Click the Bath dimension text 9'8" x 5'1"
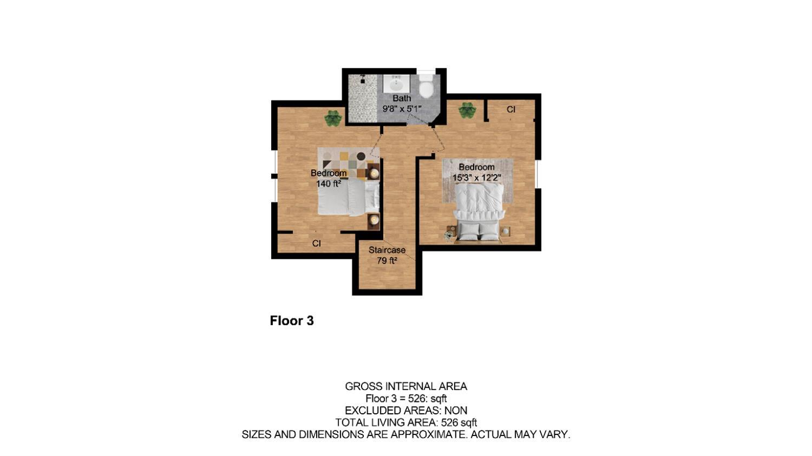[402, 109]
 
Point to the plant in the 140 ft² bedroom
[333, 118]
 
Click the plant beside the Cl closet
[467, 110]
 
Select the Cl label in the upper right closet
[510, 109]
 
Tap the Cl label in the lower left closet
[317, 244]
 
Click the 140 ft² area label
[329, 184]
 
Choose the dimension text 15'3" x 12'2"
[476, 177]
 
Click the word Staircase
[387, 250]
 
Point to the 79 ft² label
[387, 260]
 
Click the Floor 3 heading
[292, 321]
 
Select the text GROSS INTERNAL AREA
[406, 386]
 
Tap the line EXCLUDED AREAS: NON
[406, 411]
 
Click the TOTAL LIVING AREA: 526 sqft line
[406, 422]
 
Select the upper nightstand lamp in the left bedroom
[374, 173]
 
